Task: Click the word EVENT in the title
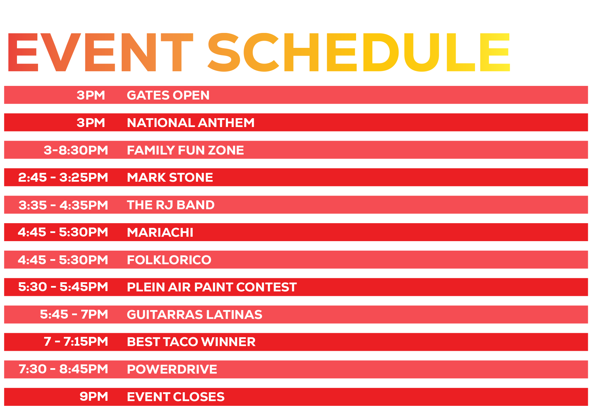(x=100, y=52)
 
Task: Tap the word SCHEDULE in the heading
(x=359, y=52)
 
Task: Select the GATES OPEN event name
(x=168, y=95)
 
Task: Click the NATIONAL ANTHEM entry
(x=191, y=123)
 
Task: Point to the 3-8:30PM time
(x=76, y=150)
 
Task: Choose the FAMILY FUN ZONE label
(x=185, y=150)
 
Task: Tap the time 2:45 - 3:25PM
(x=63, y=177)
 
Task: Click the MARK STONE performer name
(x=170, y=177)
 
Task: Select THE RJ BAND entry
(x=171, y=205)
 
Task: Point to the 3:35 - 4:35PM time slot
(x=63, y=205)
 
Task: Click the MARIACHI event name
(x=160, y=232)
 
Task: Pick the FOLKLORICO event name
(x=169, y=260)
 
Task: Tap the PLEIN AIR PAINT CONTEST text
(x=212, y=287)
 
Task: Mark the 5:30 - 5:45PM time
(x=63, y=287)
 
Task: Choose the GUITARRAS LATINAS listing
(x=194, y=314)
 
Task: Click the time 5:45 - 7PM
(x=74, y=314)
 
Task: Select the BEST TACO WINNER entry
(x=191, y=342)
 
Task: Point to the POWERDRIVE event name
(x=172, y=369)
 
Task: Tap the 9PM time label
(x=94, y=397)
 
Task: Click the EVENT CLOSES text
(x=176, y=397)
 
